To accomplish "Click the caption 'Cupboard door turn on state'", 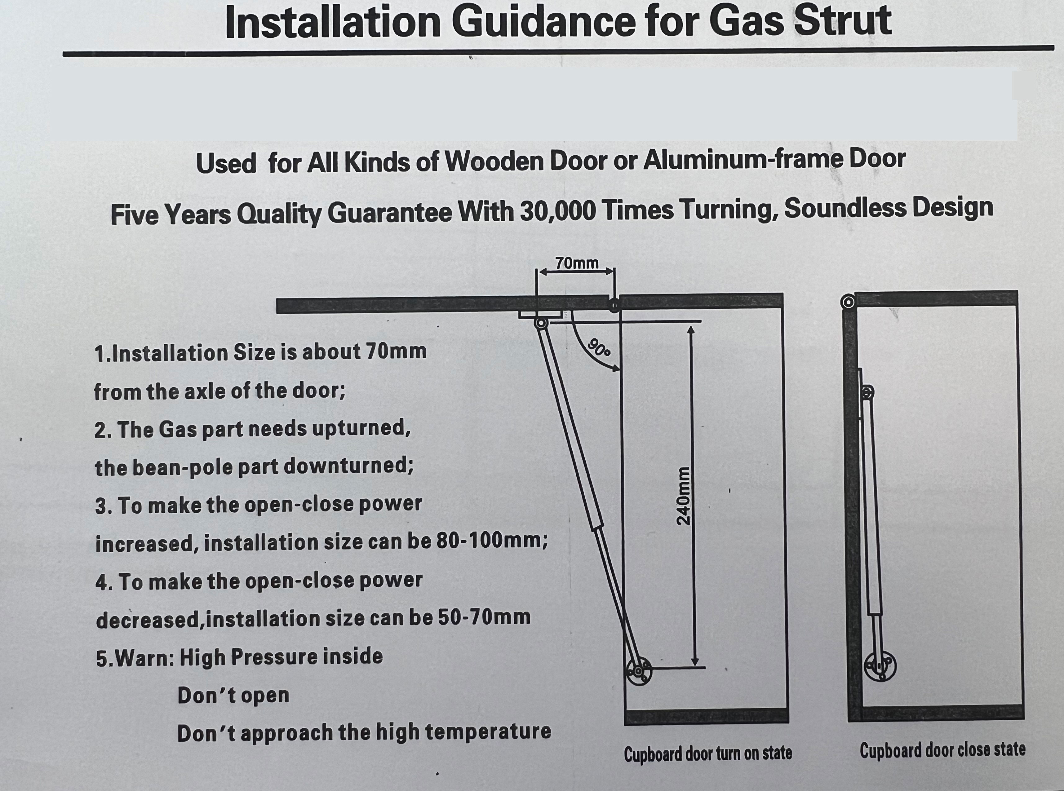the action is tap(708, 753).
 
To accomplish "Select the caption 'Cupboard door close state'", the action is tap(942, 750).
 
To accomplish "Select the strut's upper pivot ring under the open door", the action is tap(541, 323).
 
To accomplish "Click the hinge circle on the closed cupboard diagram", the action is tap(848, 302).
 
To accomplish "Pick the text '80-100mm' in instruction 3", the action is tap(492, 541).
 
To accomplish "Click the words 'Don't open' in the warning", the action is tap(233, 695).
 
